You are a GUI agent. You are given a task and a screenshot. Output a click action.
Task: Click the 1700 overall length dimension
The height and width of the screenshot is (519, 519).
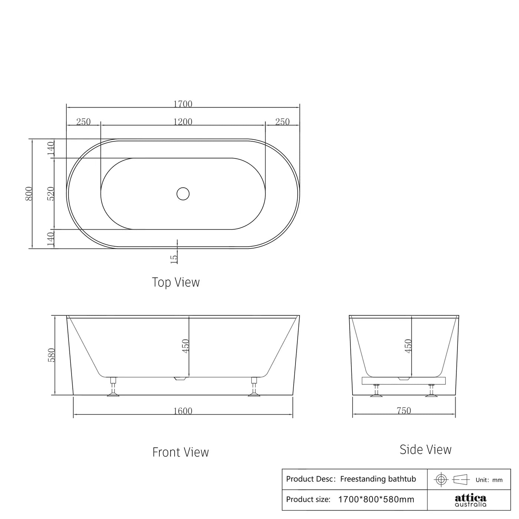coord(183,104)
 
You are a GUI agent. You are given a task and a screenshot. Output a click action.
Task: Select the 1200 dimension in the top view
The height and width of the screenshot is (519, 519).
coord(183,122)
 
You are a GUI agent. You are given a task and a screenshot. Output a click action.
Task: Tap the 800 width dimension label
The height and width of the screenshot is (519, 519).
coord(29,194)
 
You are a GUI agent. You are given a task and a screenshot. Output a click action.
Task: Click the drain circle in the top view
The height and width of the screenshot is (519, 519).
coord(183,194)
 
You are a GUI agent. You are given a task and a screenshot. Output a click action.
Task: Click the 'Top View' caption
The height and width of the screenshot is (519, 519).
coord(176,282)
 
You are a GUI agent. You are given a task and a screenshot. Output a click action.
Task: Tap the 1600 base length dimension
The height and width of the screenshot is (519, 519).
coord(183,411)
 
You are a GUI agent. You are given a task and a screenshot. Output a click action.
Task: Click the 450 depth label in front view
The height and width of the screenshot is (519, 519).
coord(186,346)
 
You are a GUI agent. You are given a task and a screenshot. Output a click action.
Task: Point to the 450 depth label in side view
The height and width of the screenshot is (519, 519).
coord(408,346)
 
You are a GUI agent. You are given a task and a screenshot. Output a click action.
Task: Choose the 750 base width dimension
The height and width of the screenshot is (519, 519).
coord(404,411)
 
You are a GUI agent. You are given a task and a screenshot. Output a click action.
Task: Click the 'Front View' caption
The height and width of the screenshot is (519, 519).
coord(181,452)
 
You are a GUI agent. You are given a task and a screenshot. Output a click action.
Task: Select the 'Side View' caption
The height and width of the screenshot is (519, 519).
coord(426,450)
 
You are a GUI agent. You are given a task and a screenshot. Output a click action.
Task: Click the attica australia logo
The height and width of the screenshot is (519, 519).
coord(470,500)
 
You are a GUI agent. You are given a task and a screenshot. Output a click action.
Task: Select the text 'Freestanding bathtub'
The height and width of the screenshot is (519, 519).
coord(378,479)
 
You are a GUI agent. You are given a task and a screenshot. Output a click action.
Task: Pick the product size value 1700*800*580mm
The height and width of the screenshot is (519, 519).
coord(376,499)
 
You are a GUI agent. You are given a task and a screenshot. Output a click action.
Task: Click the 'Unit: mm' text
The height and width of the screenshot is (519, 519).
coord(489,480)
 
